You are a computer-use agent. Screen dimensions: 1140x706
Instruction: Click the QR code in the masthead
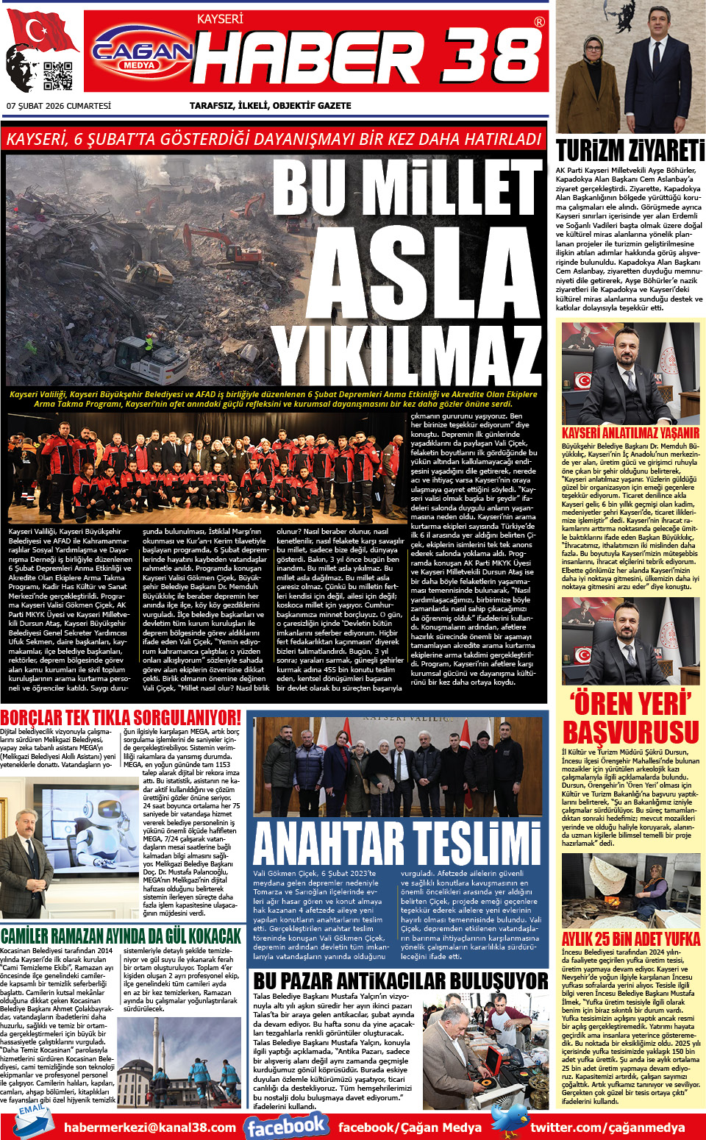coord(58,76)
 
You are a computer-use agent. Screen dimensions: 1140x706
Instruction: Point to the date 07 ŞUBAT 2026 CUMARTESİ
coord(59,106)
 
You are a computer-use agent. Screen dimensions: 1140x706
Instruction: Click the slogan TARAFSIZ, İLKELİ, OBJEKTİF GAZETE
coord(270,106)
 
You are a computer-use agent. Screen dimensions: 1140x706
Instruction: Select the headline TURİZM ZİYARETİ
coord(630,151)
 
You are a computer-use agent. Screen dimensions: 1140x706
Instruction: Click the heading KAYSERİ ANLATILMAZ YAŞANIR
coord(630,433)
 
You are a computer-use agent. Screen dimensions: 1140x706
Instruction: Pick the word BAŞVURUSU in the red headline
coord(630,733)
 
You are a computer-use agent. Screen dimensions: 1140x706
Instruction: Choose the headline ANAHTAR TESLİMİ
coord(397,844)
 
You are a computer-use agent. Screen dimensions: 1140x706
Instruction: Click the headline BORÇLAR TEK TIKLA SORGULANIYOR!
coord(121,717)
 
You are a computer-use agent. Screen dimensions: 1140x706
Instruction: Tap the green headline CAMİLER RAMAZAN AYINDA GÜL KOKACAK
coord(121,936)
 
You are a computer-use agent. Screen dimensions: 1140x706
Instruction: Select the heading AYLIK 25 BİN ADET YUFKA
coord(630,939)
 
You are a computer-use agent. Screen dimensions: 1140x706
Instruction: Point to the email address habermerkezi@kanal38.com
coord(150,1127)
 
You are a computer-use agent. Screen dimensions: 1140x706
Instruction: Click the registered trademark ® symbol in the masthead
coord(540,22)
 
